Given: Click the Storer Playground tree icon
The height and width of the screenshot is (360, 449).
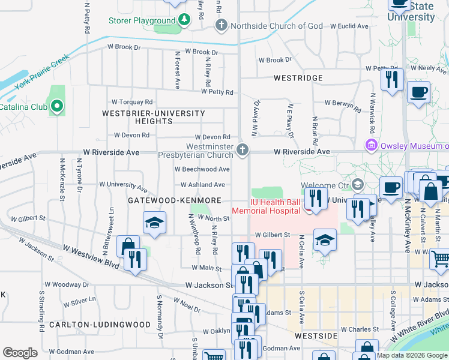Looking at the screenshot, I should (184, 20).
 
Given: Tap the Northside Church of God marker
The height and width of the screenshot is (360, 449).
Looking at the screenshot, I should (221, 26).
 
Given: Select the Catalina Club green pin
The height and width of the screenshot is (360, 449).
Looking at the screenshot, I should (57, 107).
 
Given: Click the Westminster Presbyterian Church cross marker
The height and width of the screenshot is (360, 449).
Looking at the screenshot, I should (243, 149).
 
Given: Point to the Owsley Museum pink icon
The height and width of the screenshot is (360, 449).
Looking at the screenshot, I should (371, 146).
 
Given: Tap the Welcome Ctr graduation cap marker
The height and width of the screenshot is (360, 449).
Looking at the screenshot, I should (358, 184).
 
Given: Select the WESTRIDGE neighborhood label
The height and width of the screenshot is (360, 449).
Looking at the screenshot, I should (298, 78).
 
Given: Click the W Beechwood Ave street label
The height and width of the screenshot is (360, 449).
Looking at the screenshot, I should (200, 170).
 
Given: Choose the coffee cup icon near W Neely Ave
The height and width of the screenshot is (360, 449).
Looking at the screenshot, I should (418, 93).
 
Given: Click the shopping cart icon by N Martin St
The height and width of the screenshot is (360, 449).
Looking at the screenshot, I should (441, 259).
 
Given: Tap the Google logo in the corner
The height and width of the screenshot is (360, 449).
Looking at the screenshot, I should (20, 353).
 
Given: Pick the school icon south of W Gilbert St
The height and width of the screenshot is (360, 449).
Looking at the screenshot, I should (325, 241).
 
